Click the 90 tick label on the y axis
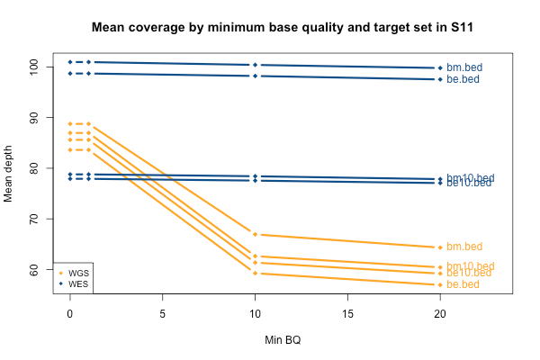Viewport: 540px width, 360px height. [33, 117]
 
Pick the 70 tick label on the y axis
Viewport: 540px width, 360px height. [33, 219]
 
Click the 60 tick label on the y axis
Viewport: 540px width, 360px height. [33, 269]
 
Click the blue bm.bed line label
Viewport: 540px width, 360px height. [464, 67]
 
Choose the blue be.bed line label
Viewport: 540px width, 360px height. [463, 79]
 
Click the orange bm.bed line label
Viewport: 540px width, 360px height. [464, 247]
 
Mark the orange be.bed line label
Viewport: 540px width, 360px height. [463, 284]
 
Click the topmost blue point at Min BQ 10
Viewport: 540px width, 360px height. [255, 65]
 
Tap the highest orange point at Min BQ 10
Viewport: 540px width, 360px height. [255, 234]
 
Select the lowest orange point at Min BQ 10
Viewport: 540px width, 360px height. [255, 273]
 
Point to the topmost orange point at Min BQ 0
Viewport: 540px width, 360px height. [69, 123]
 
